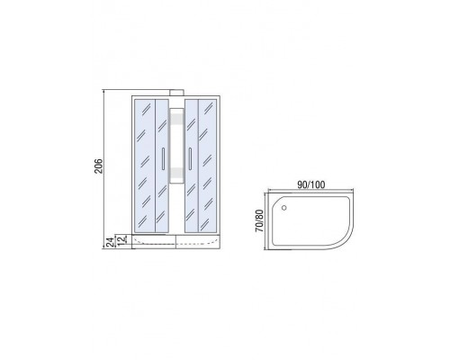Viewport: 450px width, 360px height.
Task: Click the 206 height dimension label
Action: (x=99, y=166)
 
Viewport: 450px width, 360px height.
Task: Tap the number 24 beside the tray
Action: (x=111, y=242)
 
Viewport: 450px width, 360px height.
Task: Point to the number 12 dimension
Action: (x=121, y=240)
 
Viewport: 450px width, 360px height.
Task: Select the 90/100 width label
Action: (x=311, y=184)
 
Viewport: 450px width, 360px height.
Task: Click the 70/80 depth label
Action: (x=259, y=220)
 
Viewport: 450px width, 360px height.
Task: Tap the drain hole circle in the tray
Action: (x=284, y=208)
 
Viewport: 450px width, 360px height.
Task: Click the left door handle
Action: (x=163, y=159)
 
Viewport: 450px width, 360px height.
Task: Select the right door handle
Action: (x=190, y=159)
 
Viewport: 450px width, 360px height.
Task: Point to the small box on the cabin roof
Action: (x=177, y=93)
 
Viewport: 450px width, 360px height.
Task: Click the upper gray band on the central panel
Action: (x=176, y=119)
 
